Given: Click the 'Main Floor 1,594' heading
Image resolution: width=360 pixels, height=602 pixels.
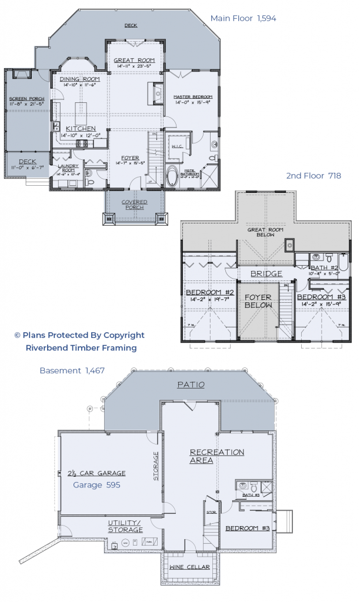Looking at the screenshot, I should tap(243, 19).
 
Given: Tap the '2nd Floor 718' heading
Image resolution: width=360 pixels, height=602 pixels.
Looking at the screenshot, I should tap(314, 176).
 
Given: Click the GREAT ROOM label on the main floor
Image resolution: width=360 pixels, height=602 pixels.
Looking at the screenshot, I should tap(134, 60).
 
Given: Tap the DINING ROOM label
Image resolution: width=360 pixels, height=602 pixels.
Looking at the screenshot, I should tap(79, 79).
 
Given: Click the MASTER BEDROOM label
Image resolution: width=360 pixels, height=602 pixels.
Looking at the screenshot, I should tap(192, 96).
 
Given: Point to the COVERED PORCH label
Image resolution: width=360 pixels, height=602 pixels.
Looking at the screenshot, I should tap(134, 205).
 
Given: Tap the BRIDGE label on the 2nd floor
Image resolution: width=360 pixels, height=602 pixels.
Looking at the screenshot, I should tap(266, 273).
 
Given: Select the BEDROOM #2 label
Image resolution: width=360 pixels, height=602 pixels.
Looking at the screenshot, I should tap(210, 292).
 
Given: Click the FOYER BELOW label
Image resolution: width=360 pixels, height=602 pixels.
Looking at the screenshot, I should tap(258, 301).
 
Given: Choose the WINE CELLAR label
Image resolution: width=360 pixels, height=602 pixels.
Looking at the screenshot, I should tap(189, 567).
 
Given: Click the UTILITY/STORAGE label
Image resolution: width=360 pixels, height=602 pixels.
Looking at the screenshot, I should tap(125, 526).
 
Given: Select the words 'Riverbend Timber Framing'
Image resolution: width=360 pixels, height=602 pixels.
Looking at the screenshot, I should tap(81, 347).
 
